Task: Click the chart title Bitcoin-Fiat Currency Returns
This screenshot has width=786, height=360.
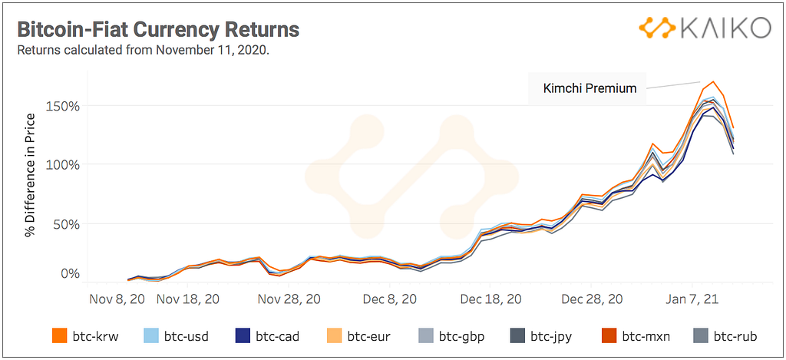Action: [x=157, y=30]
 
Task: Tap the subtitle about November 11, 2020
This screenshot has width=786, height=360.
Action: [x=143, y=51]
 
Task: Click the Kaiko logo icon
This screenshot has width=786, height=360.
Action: [x=656, y=29]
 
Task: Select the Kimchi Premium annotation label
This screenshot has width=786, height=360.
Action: [x=589, y=88]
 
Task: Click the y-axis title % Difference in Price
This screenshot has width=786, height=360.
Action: [x=30, y=175]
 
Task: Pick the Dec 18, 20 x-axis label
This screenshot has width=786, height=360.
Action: [x=492, y=299]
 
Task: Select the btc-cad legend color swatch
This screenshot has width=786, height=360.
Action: [x=242, y=335]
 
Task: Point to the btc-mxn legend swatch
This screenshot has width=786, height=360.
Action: [x=608, y=335]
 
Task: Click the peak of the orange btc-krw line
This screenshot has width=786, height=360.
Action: [x=713, y=81]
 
